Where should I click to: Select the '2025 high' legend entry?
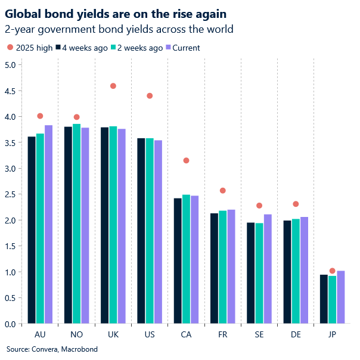point(30,48)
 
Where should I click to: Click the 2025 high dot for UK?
point(113,86)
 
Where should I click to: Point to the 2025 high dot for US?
point(150,96)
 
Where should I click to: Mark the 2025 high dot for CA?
point(187,160)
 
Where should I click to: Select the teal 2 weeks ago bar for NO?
point(76,224)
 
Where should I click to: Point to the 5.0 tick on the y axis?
point(10,65)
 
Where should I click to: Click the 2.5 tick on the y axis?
point(10,194)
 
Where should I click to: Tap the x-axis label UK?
point(113,335)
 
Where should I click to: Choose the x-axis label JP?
point(332,335)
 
